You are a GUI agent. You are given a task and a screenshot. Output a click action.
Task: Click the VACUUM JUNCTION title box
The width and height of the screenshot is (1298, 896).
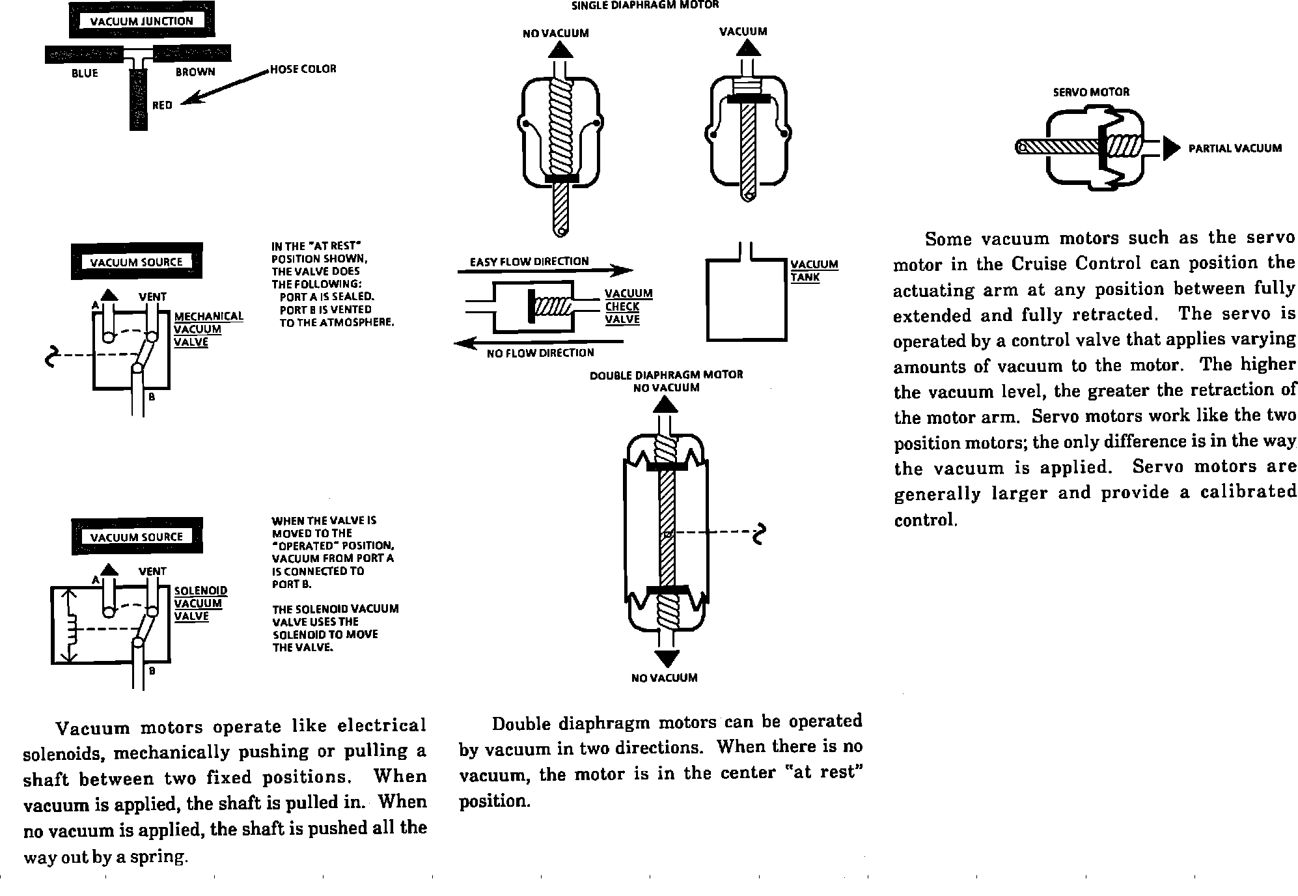coord(141,21)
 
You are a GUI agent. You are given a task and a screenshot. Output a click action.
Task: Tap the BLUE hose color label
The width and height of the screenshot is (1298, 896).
coord(85,74)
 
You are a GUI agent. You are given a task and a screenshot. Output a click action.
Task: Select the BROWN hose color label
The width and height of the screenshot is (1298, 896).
coord(195,72)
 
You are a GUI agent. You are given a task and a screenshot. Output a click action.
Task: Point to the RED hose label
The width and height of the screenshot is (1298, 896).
coord(162,105)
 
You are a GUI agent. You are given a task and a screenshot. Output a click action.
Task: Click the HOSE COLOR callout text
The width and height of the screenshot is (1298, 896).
coord(303,69)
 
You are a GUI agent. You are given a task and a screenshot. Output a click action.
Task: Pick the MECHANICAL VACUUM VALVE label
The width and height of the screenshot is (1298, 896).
coord(208,329)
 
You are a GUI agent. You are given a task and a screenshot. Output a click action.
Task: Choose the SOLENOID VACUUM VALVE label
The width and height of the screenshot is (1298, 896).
coord(200,604)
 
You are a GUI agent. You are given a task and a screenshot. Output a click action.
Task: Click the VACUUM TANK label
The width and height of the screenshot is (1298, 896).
coord(814,270)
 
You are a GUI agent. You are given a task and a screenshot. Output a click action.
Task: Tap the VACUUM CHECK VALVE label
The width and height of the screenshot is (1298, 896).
coord(628,306)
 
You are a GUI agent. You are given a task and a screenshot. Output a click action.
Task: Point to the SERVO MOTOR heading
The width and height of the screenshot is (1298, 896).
coord(1091,92)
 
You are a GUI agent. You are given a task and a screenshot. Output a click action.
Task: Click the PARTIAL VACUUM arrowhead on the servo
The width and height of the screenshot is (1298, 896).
coord(1171,148)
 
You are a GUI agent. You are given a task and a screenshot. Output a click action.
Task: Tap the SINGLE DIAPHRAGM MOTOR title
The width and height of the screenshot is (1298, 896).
coord(644,5)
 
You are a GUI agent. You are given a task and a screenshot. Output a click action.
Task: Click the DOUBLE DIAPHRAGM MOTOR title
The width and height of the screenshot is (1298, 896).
coord(666,375)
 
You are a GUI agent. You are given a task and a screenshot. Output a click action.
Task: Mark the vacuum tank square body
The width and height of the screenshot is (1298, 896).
coord(747,300)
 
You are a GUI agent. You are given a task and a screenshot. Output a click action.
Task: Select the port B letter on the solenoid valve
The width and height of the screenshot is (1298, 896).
coord(152,671)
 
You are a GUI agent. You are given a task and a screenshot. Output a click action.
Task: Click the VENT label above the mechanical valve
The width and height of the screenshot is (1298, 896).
coord(152,297)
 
